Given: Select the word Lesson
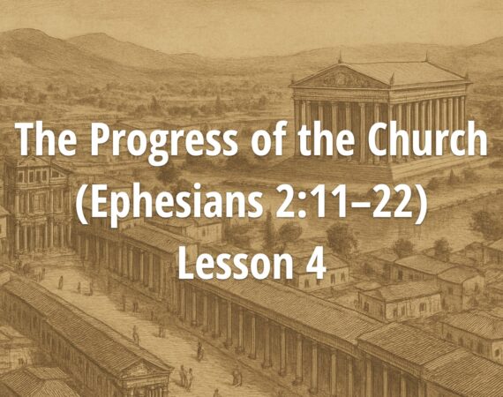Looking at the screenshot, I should (x=225, y=263).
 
